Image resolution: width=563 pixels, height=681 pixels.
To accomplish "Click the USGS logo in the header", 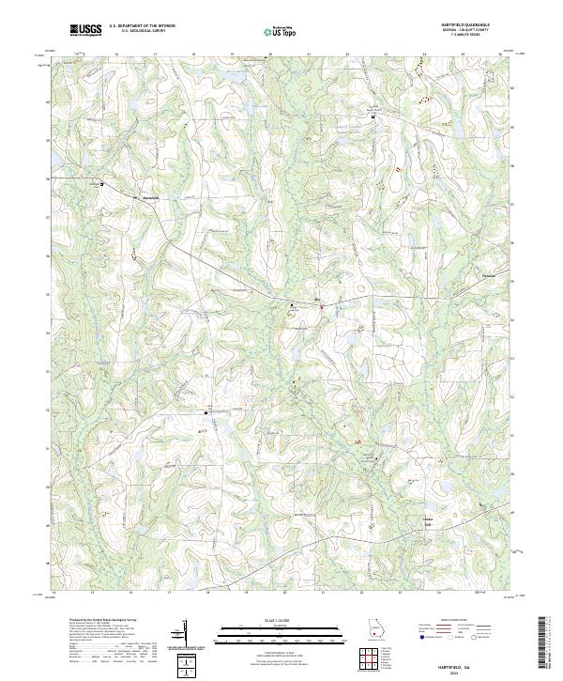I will coord(85,30).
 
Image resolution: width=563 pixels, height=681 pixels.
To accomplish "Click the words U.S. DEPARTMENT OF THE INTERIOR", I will coord(143,25).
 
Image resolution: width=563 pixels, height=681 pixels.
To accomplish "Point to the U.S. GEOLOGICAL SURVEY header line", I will coord(143,31).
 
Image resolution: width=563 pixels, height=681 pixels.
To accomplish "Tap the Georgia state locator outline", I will coord(376,630).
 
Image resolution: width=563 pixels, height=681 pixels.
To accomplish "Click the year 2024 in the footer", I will coord(466,670).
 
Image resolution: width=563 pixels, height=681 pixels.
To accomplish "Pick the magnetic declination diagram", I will coord(185,633).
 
